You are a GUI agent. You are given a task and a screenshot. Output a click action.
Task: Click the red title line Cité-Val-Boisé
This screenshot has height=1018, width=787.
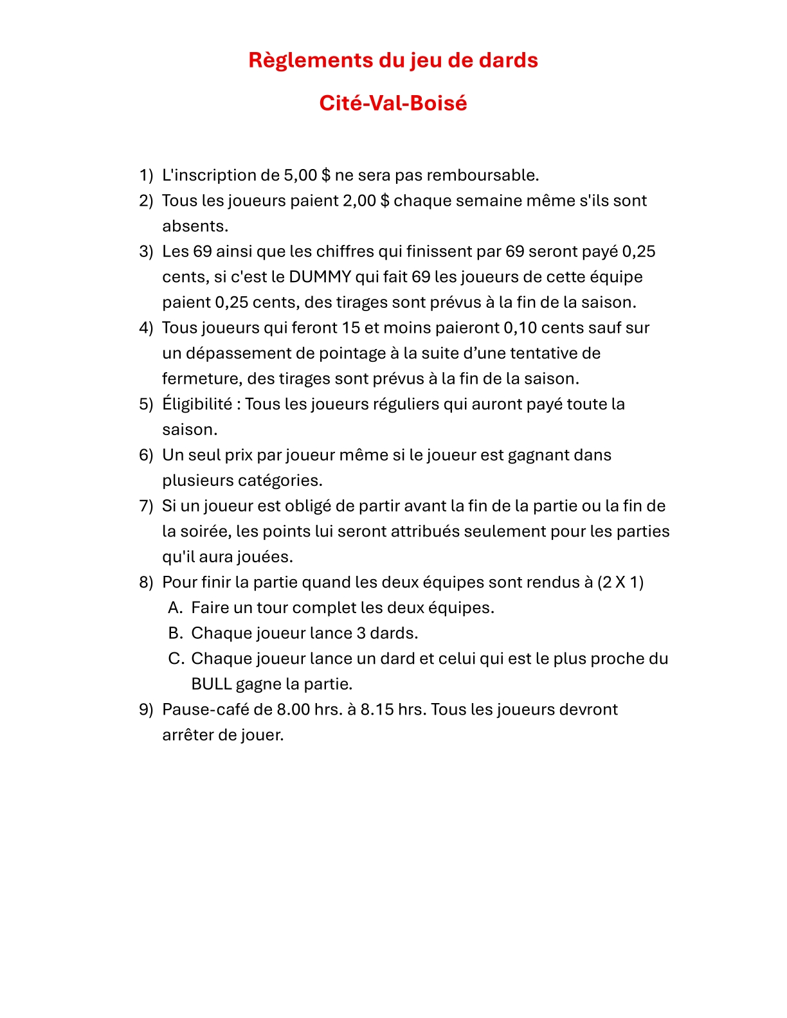pyautogui.click(x=393, y=103)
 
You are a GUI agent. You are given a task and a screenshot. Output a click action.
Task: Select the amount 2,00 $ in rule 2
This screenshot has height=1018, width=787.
pyautogui.click(x=366, y=201)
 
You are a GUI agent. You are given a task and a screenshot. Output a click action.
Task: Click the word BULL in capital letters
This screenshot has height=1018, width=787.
pyautogui.click(x=211, y=684)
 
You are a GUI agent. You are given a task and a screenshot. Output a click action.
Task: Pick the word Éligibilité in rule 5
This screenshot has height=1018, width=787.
pyautogui.click(x=197, y=404)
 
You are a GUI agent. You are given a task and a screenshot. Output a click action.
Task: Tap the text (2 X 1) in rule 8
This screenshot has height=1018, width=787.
pyautogui.click(x=620, y=582)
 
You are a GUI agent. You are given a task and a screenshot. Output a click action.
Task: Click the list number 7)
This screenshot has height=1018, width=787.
pyautogui.click(x=146, y=506)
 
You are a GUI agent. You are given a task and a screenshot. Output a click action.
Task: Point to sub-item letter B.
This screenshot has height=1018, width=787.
pyautogui.click(x=176, y=633)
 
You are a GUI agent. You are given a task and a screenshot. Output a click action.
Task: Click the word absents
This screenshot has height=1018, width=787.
pyautogui.click(x=195, y=226)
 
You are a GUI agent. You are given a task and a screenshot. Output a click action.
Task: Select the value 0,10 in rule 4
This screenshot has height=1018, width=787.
pyautogui.click(x=520, y=328)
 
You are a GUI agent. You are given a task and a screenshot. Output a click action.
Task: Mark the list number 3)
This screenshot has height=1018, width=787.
pyautogui.click(x=146, y=251)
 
